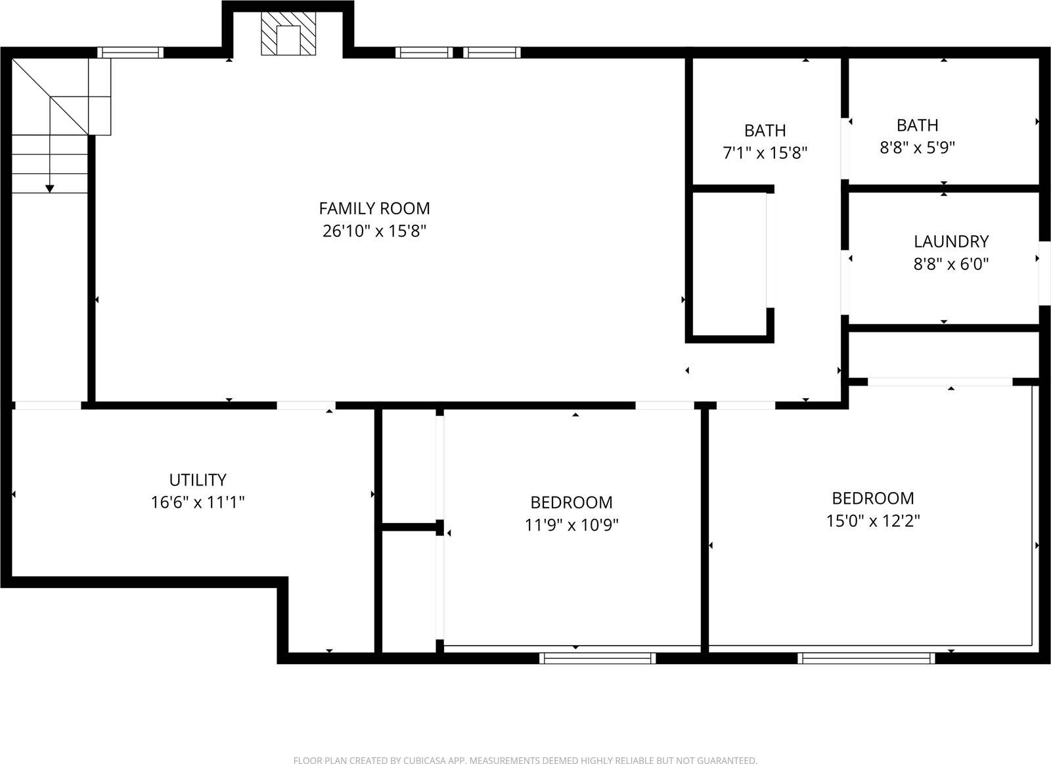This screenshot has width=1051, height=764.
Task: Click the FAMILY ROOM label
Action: pyautogui.click(x=374, y=208)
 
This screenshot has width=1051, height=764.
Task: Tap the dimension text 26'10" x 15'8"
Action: pyautogui.click(x=374, y=231)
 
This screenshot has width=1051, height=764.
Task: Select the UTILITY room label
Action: pyautogui.click(x=198, y=480)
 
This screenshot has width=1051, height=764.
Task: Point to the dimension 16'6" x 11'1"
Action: pyautogui.click(x=198, y=503)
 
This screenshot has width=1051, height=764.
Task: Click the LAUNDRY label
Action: pyautogui.click(x=951, y=241)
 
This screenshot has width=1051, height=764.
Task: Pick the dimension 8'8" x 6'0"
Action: pyautogui.click(x=951, y=264)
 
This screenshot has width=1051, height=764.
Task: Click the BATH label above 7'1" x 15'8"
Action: pyautogui.click(x=765, y=130)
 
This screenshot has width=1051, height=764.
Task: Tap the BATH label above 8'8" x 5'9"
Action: pyautogui.click(x=917, y=125)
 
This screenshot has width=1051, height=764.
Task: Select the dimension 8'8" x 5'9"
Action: pyautogui.click(x=917, y=147)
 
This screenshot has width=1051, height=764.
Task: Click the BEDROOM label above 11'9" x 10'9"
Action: pyautogui.click(x=571, y=502)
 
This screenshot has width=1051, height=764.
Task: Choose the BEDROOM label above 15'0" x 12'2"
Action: pyautogui.click(x=873, y=498)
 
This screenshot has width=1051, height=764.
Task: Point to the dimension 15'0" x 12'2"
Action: pyautogui.click(x=873, y=521)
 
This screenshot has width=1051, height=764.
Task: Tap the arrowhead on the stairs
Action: pyautogui.click(x=50, y=189)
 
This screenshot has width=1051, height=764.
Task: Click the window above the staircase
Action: pyautogui.click(x=130, y=53)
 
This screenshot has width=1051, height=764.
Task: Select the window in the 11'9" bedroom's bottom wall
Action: pyautogui.click(x=597, y=658)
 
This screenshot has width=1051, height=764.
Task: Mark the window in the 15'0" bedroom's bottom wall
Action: pyautogui.click(x=866, y=658)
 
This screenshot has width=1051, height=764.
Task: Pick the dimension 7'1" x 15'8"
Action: pyautogui.click(x=765, y=153)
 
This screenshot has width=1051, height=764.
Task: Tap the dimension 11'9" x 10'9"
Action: pyautogui.click(x=571, y=525)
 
